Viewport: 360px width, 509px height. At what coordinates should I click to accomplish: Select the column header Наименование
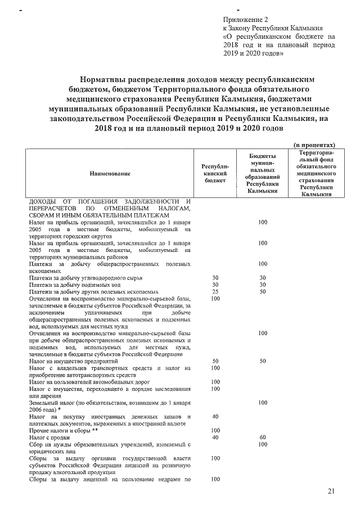tap(110, 174)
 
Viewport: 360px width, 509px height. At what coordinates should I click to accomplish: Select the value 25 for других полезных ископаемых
tap(214, 292)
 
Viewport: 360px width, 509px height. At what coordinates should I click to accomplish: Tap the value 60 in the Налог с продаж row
tap(262, 437)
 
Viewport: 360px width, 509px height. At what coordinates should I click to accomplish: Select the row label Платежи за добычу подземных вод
tap(77, 285)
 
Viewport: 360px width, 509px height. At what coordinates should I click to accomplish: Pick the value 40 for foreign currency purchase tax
tap(214, 416)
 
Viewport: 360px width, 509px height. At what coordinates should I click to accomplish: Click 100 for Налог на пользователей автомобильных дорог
tap(214, 382)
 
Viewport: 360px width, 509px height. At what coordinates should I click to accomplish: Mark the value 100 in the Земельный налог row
tap(262, 403)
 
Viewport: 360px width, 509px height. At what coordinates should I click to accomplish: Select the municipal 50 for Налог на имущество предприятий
tap(262, 361)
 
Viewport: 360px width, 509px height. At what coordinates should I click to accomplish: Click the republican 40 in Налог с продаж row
tap(214, 437)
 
